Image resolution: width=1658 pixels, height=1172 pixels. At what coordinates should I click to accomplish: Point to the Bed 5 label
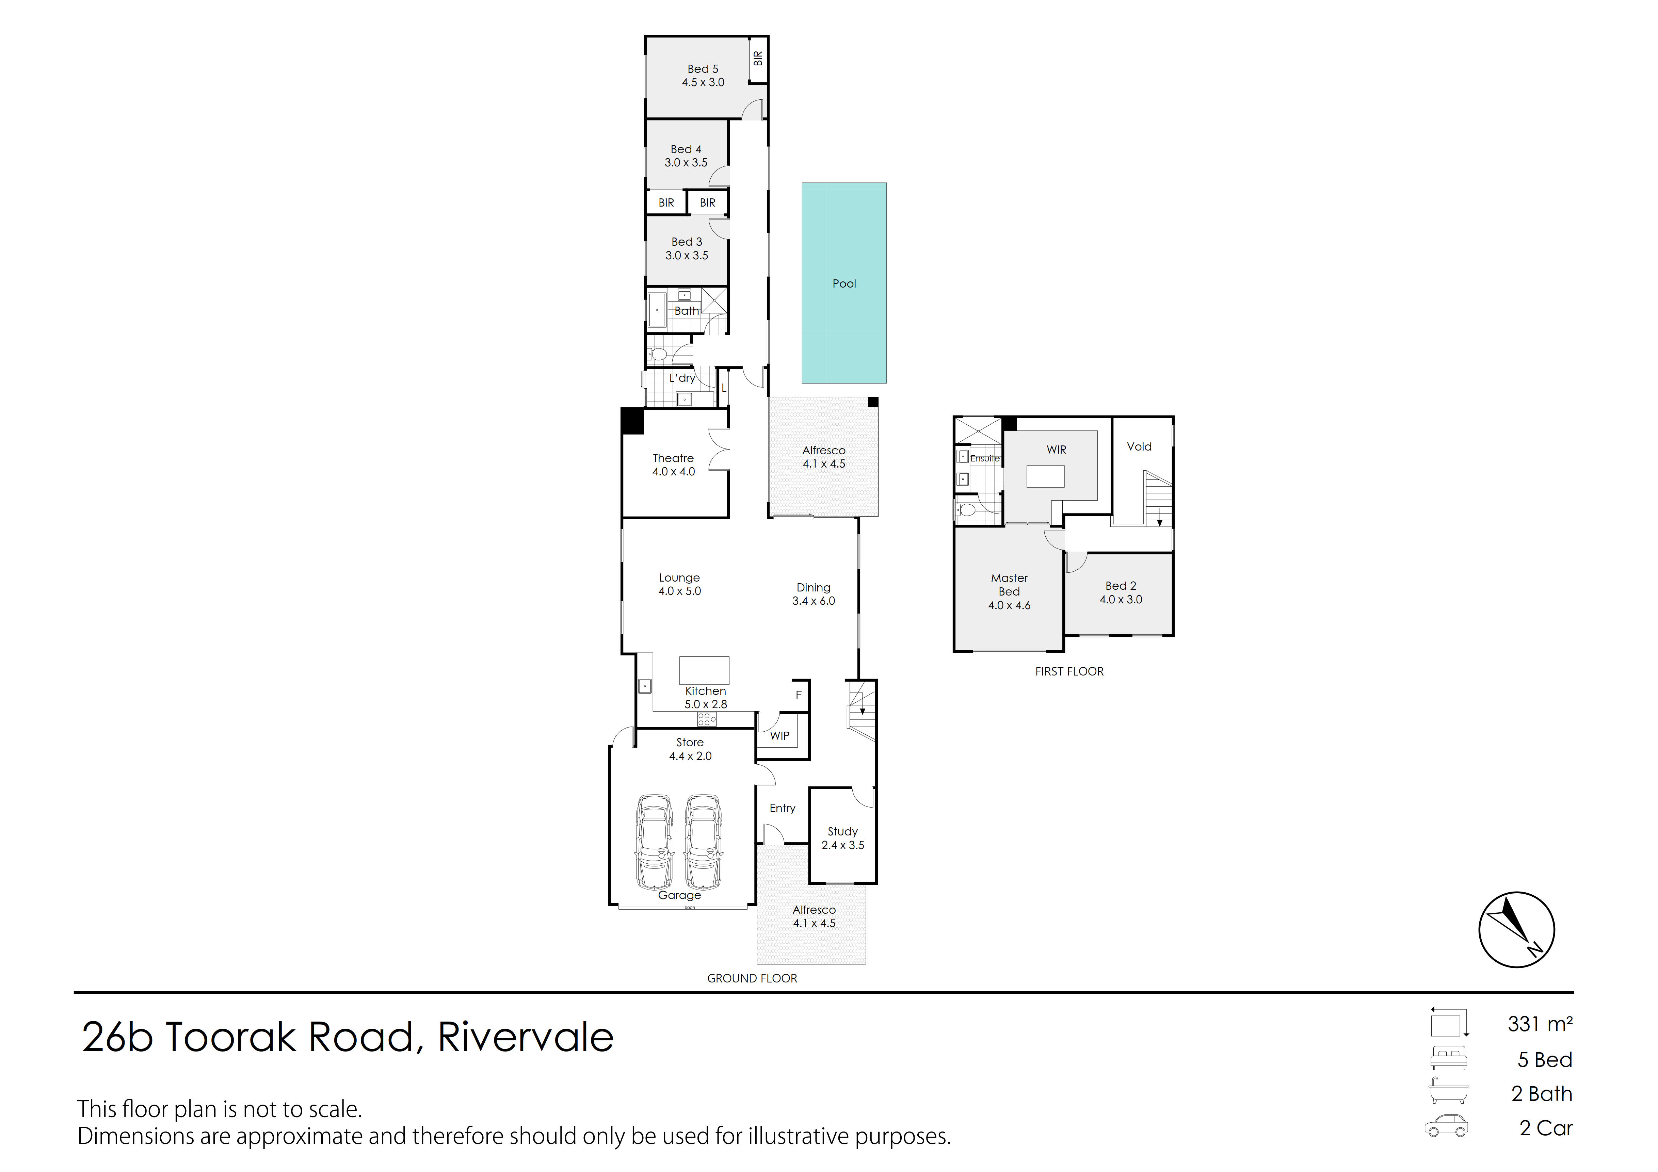coord(703,75)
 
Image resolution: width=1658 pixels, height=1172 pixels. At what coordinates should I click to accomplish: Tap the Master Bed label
coord(1010,591)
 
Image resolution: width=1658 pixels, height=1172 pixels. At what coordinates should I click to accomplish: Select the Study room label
coord(843,838)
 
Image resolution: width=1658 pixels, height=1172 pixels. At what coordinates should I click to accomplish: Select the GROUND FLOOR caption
coord(752,978)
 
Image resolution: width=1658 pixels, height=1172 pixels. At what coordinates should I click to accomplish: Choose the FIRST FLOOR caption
coord(1069,671)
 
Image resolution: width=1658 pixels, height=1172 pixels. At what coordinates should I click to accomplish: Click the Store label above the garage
coord(690,742)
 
